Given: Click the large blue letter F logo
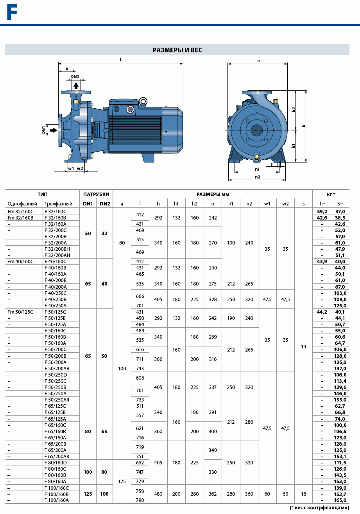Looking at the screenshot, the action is click(12, 12).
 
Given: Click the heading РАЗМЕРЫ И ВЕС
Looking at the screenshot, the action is click(177, 50).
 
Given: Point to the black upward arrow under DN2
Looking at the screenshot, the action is click(76, 86).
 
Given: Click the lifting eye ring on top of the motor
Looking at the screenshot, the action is click(143, 101).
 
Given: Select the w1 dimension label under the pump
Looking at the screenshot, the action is click(71, 168).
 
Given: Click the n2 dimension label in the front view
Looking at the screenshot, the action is click(257, 177).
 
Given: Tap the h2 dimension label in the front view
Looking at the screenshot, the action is click(293, 110).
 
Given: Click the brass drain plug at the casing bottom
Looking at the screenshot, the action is click(257, 157).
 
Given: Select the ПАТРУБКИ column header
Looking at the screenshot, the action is click(96, 195).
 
